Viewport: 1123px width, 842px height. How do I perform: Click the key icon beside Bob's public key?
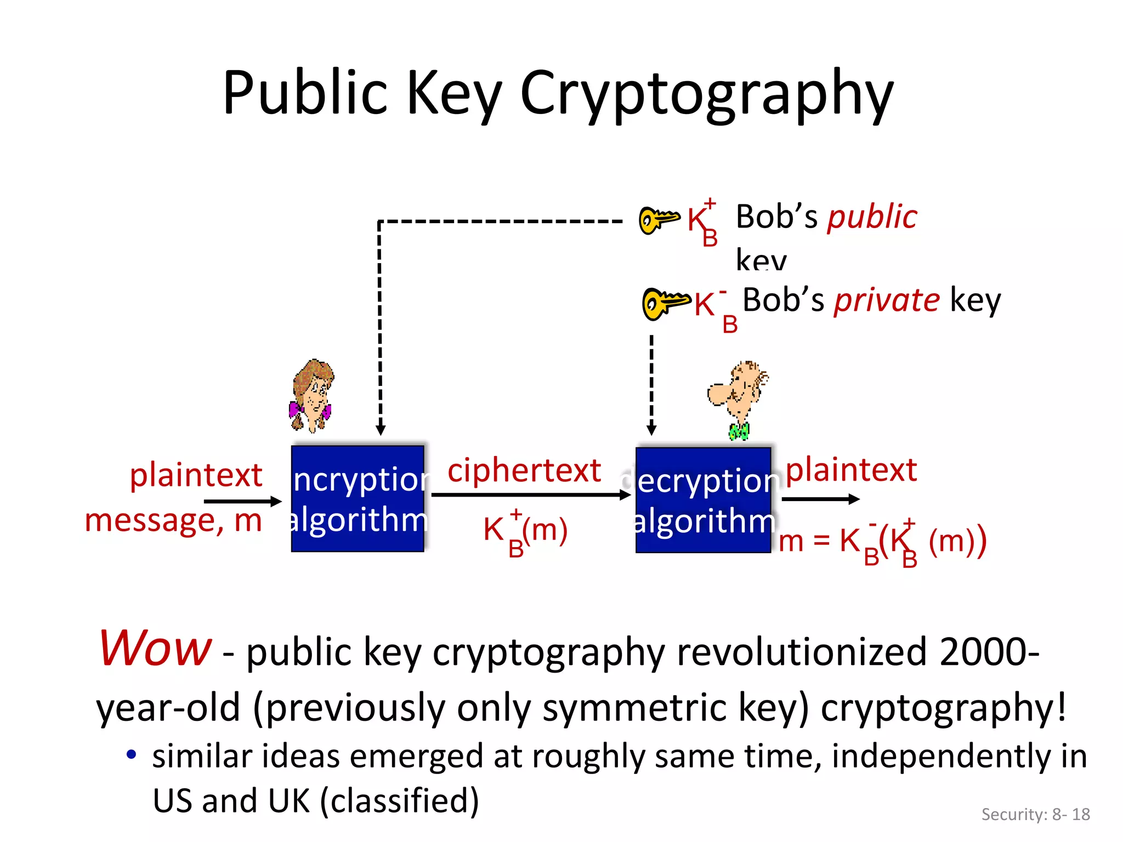click(659, 219)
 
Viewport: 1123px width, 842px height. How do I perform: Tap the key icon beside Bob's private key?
click(665, 303)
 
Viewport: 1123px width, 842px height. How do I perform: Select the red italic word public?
click(872, 217)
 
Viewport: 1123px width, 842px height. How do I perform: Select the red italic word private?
click(887, 300)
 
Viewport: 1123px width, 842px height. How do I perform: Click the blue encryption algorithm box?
click(358, 499)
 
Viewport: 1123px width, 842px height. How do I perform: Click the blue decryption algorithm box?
click(704, 500)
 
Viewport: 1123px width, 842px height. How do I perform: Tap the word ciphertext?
click(524, 471)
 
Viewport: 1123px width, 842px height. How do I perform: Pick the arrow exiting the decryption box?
click(820, 499)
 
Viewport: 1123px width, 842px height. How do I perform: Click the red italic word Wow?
click(155, 648)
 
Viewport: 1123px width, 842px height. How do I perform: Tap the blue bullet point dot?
click(131, 755)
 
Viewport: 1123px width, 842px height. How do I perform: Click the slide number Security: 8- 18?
click(1035, 815)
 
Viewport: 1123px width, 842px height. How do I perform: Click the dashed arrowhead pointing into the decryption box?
click(651, 429)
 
